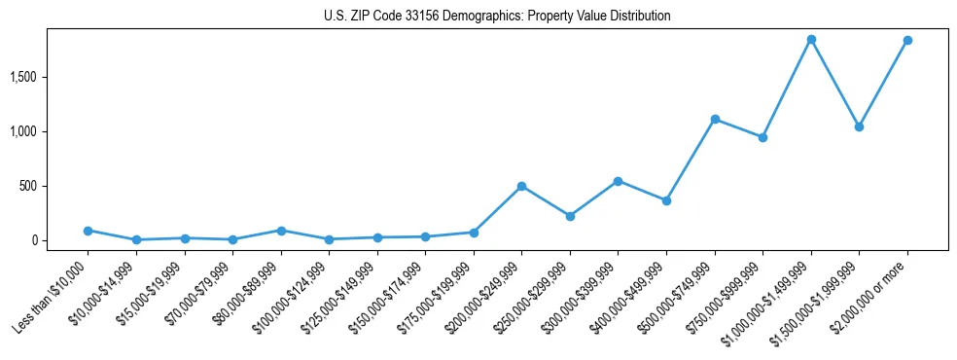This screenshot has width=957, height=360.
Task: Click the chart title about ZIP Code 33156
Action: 497,17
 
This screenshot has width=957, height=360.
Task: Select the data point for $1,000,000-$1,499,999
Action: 811,39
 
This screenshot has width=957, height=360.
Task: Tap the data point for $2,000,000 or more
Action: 907,40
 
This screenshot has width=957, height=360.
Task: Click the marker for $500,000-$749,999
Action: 715,119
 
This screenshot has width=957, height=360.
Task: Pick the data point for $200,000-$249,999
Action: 522,186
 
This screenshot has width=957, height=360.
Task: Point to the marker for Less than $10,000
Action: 89,231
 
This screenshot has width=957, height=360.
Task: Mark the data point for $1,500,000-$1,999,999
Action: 859,126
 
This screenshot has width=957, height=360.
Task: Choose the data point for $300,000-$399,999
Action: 619,181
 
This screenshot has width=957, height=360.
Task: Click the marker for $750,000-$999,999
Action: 762,137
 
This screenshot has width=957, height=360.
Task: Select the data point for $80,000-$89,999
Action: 281,231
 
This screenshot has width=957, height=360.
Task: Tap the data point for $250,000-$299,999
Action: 570,216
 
